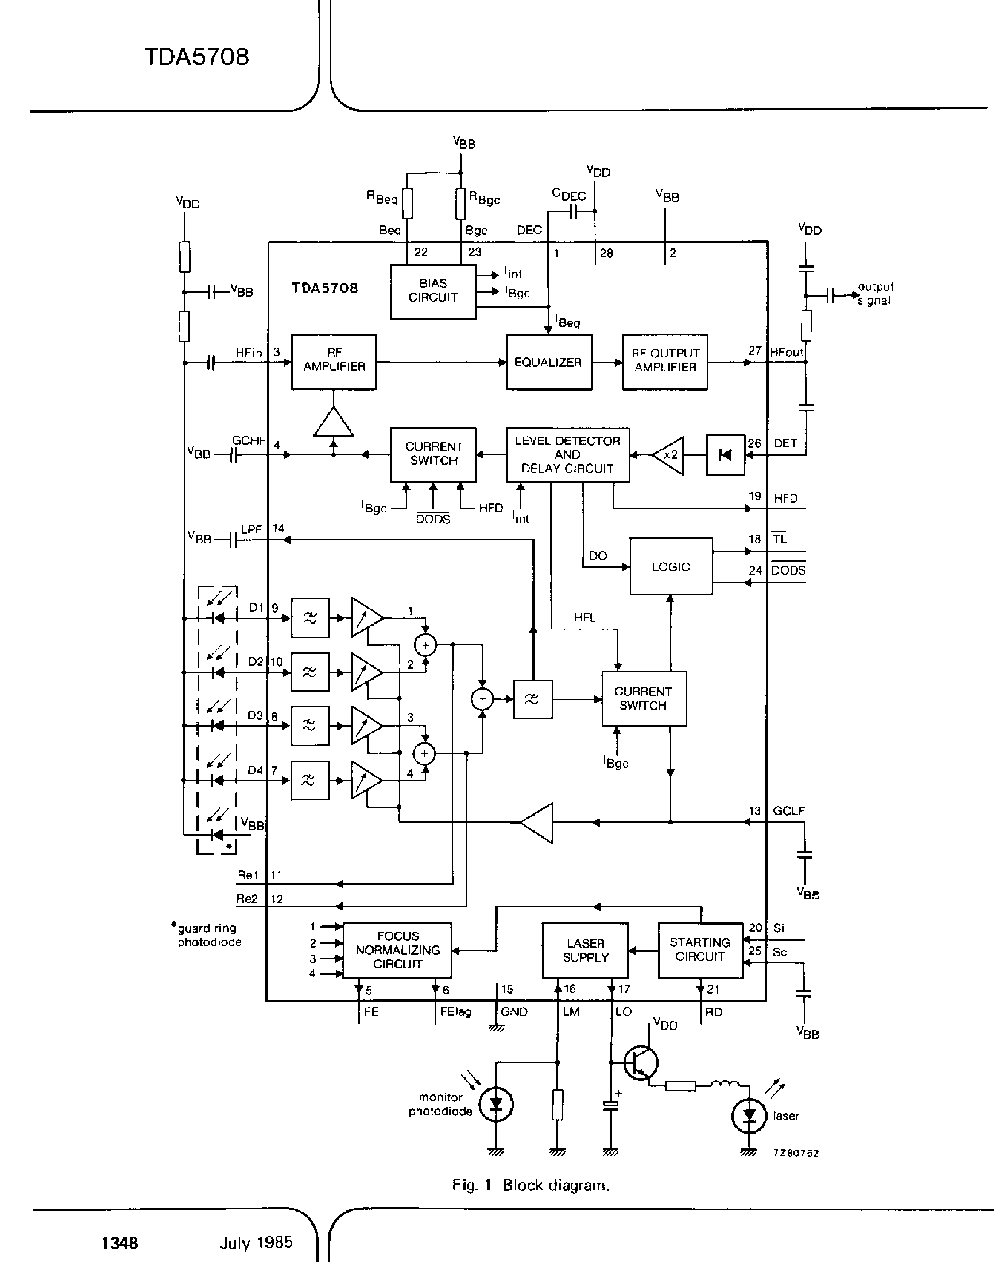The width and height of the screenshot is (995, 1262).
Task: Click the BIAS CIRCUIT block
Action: [433, 291]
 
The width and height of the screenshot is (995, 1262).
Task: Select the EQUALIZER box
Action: [548, 362]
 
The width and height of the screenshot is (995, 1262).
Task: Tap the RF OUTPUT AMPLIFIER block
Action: [665, 361]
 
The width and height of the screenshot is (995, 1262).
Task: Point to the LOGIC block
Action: [671, 566]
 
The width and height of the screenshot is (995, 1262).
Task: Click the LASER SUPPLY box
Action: [585, 951]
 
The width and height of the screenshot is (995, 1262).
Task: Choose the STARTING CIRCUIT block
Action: [700, 950]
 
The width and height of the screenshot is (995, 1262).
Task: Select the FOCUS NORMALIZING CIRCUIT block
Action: [397, 950]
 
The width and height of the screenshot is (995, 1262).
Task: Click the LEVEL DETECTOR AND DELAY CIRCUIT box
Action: [567, 455]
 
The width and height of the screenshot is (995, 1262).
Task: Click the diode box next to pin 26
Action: [725, 455]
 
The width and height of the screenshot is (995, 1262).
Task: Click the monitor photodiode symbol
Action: [495, 1104]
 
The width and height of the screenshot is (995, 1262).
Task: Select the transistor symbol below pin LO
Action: [641, 1062]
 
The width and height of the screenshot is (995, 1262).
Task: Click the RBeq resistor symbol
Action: [408, 203]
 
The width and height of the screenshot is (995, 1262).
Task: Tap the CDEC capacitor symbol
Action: [572, 212]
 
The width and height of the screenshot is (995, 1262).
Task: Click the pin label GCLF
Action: [789, 811]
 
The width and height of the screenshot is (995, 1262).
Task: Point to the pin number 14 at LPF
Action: [278, 528]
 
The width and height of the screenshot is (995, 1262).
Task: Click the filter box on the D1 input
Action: [310, 618]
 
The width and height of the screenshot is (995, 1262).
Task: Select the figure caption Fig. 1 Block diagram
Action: [531, 1185]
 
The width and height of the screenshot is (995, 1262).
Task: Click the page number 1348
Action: [120, 1244]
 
